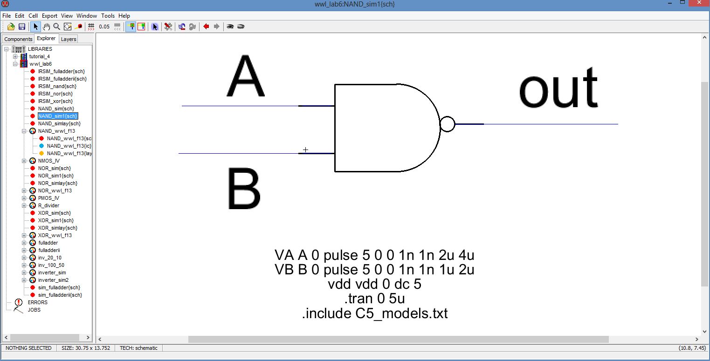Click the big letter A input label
[x=246, y=77]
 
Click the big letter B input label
[x=244, y=189]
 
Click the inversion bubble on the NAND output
[x=448, y=124]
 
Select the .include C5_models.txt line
[x=374, y=313]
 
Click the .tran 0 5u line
[x=374, y=299]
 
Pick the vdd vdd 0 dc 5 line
[x=374, y=284]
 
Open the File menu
[x=7, y=16]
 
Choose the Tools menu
[x=108, y=16]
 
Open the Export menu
[x=49, y=16]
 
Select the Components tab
[x=18, y=39]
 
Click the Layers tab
[x=69, y=39]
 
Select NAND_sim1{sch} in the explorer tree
[x=58, y=116]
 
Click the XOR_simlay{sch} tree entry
[x=58, y=228]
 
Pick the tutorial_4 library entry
[x=40, y=56]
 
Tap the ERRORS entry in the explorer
[x=37, y=302]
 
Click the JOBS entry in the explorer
[x=34, y=310]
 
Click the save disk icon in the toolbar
[x=21, y=27]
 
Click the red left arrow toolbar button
[x=206, y=27]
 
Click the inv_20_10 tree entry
[x=50, y=258]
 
